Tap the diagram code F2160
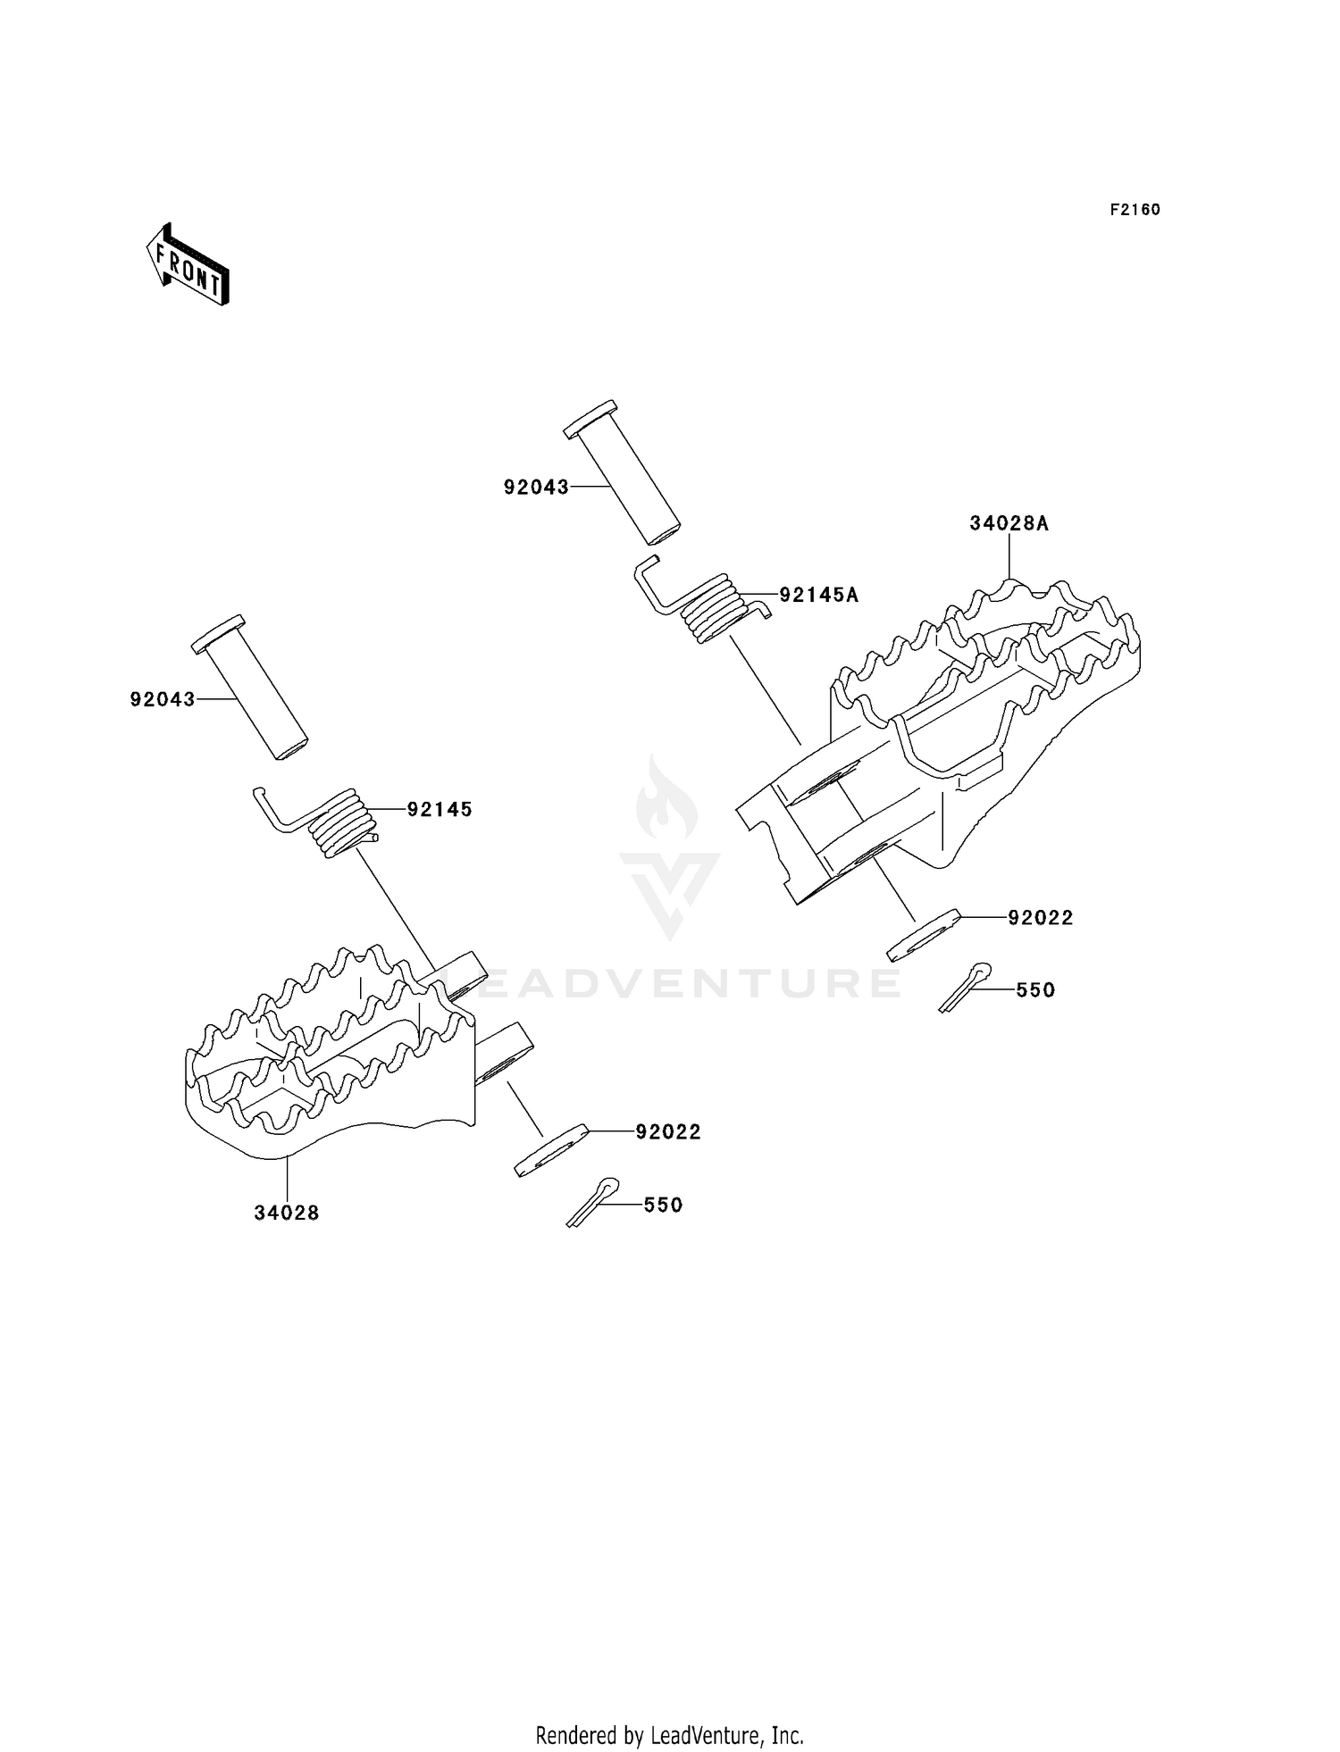pyautogui.click(x=1135, y=210)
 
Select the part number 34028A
pyautogui.click(x=1009, y=523)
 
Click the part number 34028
pyautogui.click(x=287, y=1213)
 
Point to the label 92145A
pyautogui.click(x=818, y=595)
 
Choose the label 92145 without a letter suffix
pyautogui.click(x=440, y=809)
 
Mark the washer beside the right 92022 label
pyautogui.click(x=923, y=935)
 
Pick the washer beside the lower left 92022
pyautogui.click(x=551, y=1150)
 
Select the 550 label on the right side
pyautogui.click(x=1035, y=990)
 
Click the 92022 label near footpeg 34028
pyautogui.click(x=668, y=1131)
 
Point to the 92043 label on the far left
pyautogui.click(x=163, y=699)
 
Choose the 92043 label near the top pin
pyautogui.click(x=536, y=487)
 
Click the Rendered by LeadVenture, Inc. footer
pyautogui.click(x=669, y=1735)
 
